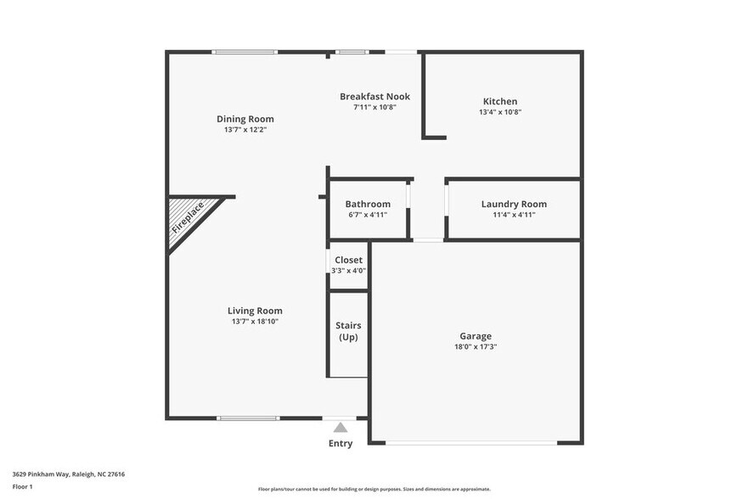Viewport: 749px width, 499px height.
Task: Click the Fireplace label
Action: (x=188, y=217)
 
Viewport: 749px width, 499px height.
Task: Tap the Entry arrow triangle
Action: (x=341, y=428)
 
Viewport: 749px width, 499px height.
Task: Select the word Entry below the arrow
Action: (x=341, y=444)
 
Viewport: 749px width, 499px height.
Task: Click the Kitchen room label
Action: (x=500, y=101)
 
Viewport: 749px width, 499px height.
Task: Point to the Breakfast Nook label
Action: (x=374, y=97)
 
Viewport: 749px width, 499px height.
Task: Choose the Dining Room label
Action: (x=245, y=119)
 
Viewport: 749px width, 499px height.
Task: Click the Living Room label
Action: (x=255, y=311)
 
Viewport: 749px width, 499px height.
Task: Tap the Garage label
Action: (x=476, y=336)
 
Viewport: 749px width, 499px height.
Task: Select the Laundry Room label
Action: (x=514, y=204)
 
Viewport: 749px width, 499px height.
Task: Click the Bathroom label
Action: (x=368, y=204)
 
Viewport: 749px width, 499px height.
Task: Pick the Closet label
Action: (x=348, y=260)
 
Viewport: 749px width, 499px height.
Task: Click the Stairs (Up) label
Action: (x=348, y=330)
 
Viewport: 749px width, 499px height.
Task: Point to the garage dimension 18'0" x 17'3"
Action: (x=476, y=347)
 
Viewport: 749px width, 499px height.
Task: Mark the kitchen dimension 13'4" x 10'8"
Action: (x=500, y=112)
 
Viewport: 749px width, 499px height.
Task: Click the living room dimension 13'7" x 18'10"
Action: (x=255, y=322)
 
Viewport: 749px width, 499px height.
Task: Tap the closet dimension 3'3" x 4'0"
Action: (x=348, y=271)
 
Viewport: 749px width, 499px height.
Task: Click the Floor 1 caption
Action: (x=23, y=486)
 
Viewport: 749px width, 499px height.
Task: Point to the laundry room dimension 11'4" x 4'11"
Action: (x=514, y=215)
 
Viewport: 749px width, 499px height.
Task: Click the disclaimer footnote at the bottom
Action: (x=374, y=490)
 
